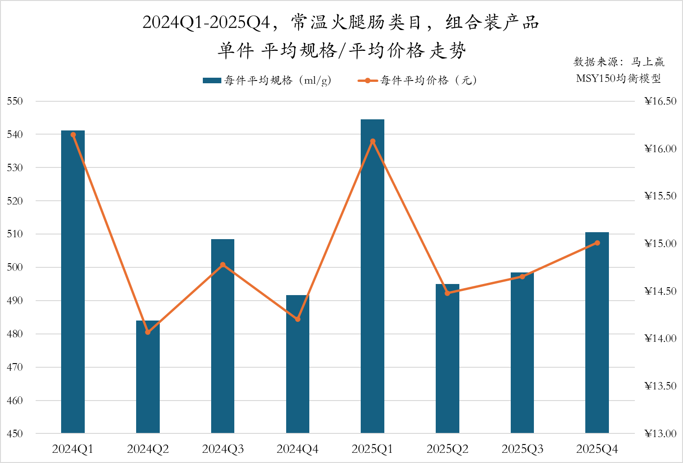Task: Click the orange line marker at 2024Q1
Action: point(73,135)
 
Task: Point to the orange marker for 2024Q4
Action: point(298,319)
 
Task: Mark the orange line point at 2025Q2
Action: point(447,293)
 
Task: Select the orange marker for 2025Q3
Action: point(522,277)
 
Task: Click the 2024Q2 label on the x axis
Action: point(148,449)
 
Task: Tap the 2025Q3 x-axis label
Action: point(522,449)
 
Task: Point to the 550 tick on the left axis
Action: point(15,101)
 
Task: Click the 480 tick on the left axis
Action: point(15,334)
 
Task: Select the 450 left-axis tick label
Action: point(15,434)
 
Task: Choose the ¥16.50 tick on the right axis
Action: point(660,101)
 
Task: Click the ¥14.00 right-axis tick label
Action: point(660,339)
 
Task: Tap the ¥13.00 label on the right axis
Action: point(660,434)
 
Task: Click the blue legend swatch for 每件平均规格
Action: point(212,80)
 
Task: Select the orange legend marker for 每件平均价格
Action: point(368,80)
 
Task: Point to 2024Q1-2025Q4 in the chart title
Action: point(206,22)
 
